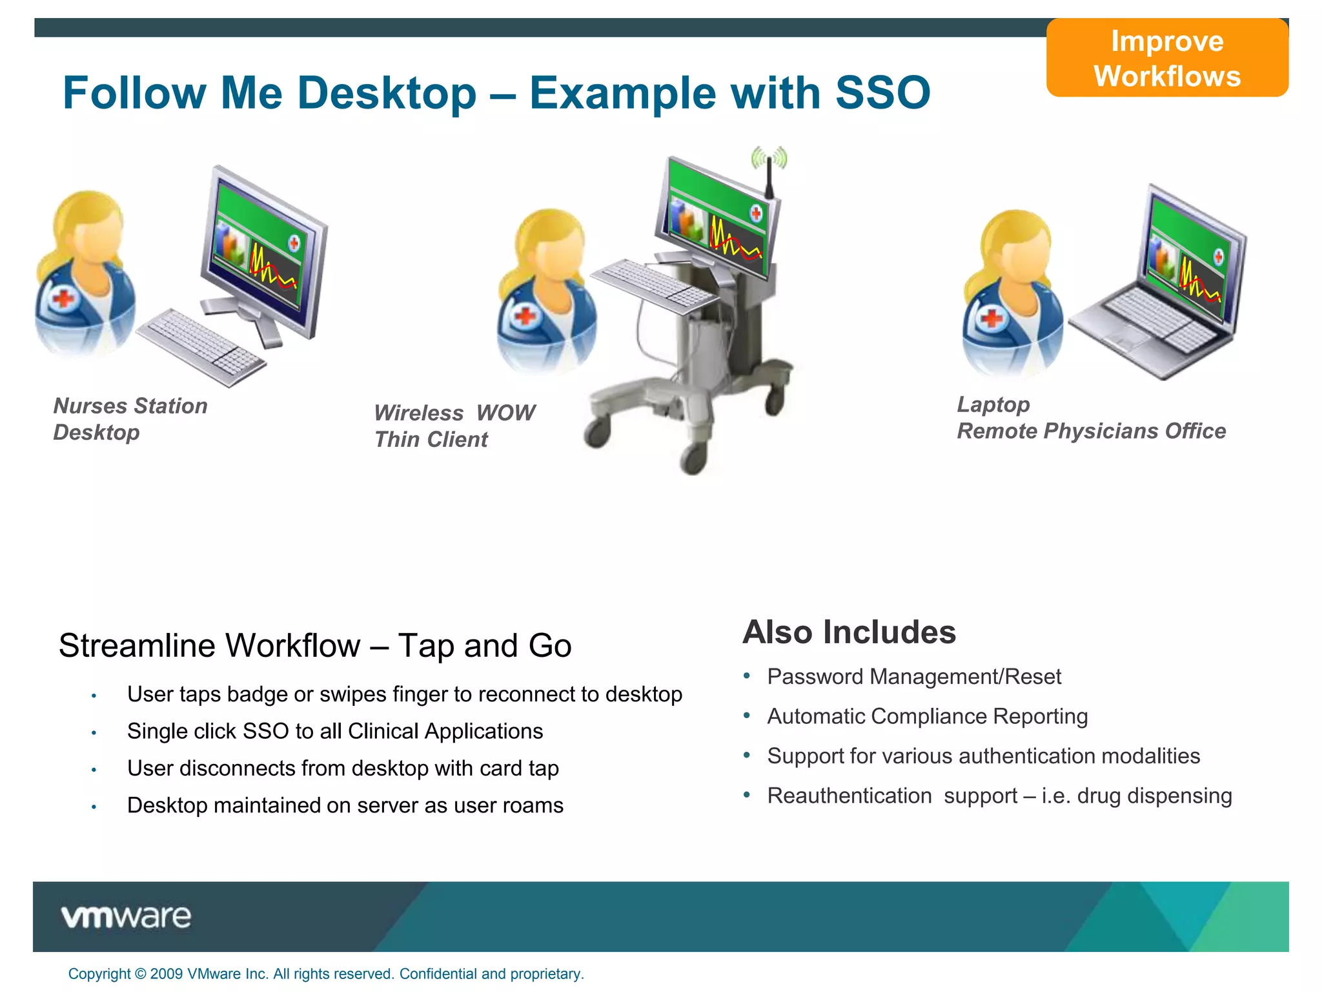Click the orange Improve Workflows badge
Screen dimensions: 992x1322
1166,58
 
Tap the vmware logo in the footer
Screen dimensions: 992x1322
126,916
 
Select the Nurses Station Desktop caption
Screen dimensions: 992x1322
130,418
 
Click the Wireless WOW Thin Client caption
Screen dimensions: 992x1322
454,426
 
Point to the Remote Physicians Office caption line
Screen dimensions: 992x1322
1091,431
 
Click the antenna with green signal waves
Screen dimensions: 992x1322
769,165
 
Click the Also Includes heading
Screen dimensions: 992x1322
849,632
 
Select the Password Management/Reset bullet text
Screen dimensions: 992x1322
913,676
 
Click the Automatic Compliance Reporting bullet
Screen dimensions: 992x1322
927,716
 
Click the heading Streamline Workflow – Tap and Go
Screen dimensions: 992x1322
315,645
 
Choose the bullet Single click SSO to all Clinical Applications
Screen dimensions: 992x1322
334,731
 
